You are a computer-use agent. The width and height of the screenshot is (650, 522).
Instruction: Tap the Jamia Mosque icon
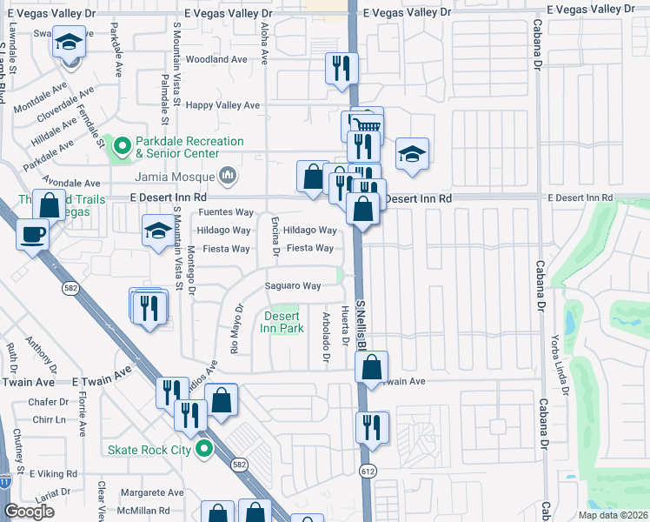click(x=228, y=177)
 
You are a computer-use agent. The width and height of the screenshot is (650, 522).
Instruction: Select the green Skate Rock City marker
click(x=204, y=450)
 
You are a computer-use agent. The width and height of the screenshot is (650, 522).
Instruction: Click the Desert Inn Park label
click(x=282, y=322)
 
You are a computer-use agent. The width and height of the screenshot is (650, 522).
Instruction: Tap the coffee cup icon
click(x=33, y=234)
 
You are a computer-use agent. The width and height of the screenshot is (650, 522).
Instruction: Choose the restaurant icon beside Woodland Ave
click(x=341, y=67)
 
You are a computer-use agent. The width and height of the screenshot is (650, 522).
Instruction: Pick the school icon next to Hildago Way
click(x=158, y=231)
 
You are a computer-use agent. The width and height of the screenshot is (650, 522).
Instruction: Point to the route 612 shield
click(x=367, y=471)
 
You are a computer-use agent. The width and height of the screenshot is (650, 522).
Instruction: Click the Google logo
click(x=30, y=512)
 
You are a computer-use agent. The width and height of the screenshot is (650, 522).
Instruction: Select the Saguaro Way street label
click(x=293, y=286)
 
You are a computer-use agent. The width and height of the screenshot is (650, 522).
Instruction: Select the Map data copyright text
click(x=611, y=515)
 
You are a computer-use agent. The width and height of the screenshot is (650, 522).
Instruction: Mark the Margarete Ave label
click(x=152, y=492)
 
